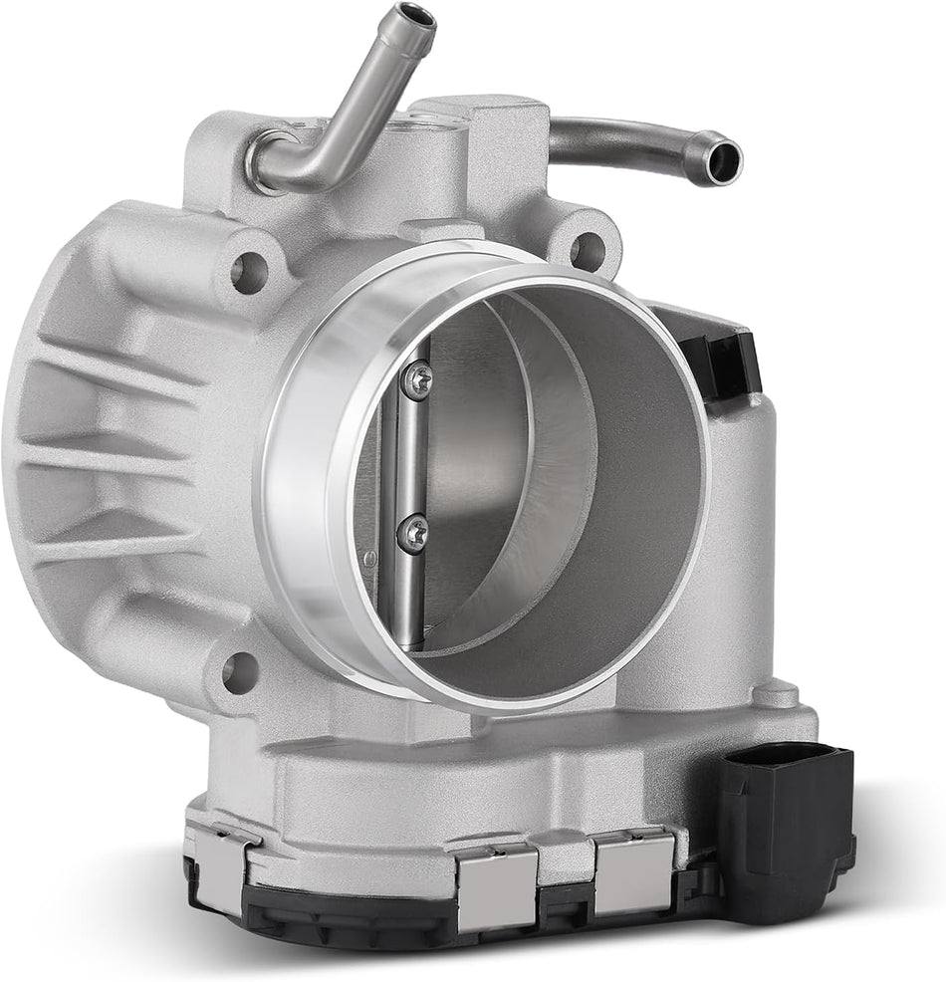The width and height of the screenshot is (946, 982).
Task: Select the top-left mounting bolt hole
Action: pyautogui.click(x=249, y=266)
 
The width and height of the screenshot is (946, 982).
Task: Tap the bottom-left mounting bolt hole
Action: pyautogui.click(x=238, y=672)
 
